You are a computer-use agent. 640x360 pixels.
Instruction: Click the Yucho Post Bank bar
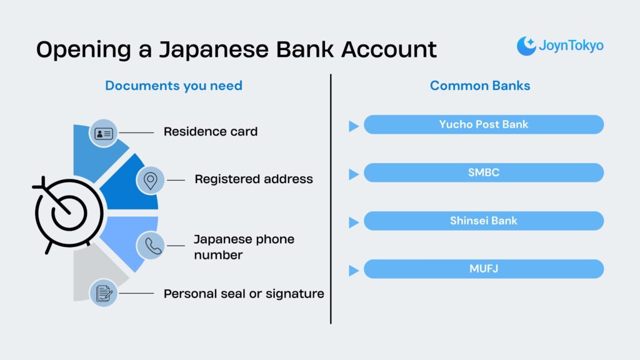tap(483, 124)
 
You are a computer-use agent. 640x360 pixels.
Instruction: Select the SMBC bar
tap(483, 172)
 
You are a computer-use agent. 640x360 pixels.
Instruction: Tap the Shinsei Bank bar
tap(483, 221)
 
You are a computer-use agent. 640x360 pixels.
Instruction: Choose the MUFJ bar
tap(483, 269)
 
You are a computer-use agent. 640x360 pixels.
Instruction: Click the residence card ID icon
tap(103, 133)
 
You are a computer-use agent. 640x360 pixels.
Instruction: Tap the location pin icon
tap(150, 180)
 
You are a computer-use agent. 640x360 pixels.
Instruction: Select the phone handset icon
tap(150, 245)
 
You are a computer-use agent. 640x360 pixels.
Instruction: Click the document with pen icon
tap(103, 293)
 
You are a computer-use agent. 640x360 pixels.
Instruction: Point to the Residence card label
tap(210, 132)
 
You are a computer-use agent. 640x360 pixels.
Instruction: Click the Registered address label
tap(253, 179)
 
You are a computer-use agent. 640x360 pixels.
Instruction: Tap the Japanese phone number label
tap(243, 247)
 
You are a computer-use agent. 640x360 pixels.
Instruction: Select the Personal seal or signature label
tap(243, 293)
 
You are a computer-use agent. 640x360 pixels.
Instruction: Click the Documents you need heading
tap(173, 86)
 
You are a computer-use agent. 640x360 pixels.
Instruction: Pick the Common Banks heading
tap(479, 86)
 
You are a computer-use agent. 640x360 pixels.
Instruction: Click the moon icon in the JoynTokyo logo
tap(526, 46)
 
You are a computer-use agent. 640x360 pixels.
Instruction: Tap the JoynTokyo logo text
tap(571, 46)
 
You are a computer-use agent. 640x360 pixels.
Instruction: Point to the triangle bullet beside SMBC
tap(353, 174)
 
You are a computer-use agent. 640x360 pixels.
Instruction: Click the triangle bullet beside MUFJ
tap(353, 270)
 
